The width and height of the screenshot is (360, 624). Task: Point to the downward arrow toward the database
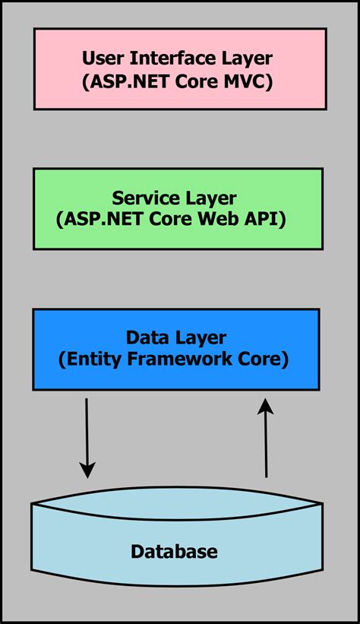[87, 437]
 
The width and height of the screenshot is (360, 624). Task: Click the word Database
[174, 552]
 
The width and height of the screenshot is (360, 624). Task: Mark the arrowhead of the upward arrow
[265, 408]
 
